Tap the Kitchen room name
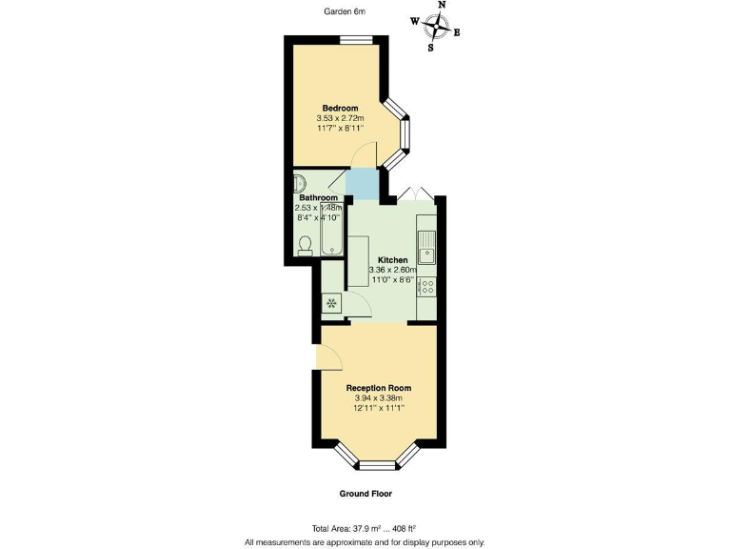393,260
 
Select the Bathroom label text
319,198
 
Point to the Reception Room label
379,388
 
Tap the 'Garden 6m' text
344,11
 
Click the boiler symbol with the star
332,304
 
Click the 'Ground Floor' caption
365,494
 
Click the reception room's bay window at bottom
379,464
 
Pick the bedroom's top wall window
356,39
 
